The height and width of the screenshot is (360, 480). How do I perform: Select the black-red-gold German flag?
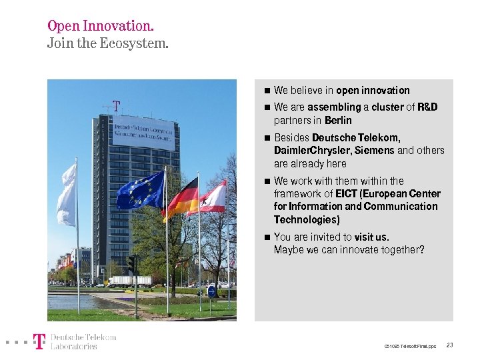click(x=182, y=198)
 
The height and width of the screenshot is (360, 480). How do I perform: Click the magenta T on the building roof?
click(x=116, y=107)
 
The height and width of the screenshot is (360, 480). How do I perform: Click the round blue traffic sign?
click(x=211, y=291)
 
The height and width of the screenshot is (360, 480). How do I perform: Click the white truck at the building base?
click(x=130, y=281)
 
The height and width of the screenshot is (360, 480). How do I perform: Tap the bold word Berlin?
click(x=338, y=121)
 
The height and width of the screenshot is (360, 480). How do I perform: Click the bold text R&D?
click(x=427, y=107)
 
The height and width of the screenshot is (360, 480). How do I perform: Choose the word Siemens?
click(x=375, y=151)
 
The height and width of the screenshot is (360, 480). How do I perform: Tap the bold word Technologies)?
click(x=307, y=219)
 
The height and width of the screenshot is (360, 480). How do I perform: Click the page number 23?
click(x=450, y=345)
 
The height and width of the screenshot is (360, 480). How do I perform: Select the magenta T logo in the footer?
click(x=39, y=342)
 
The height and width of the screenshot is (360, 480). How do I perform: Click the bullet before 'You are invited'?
click(x=266, y=237)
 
